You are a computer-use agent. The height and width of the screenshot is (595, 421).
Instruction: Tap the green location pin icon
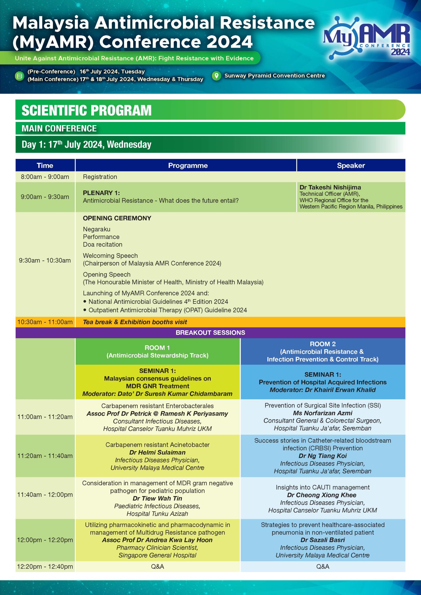click(x=216, y=76)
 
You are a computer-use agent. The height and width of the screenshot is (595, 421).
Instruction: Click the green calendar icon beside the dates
click(x=19, y=76)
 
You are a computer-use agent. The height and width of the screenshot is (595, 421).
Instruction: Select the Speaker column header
click(x=351, y=165)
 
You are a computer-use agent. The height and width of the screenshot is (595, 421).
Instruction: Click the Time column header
click(x=45, y=165)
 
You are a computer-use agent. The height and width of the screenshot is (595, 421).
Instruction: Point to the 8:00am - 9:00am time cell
click(x=45, y=177)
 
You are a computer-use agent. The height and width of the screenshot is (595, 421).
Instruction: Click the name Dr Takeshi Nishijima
click(x=330, y=187)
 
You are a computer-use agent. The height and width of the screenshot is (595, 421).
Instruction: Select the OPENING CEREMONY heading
click(x=117, y=218)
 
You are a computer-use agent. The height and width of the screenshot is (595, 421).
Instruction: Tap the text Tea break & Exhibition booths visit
click(x=135, y=322)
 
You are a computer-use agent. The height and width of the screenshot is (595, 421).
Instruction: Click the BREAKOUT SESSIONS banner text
click(x=210, y=333)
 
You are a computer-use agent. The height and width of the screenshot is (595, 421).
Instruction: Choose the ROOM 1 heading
click(x=157, y=347)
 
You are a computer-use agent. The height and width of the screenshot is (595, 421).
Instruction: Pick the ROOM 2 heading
click(x=322, y=344)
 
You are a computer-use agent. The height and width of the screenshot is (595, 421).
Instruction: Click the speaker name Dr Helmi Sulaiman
click(x=157, y=453)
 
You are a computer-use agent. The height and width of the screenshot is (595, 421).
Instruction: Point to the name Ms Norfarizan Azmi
click(x=322, y=413)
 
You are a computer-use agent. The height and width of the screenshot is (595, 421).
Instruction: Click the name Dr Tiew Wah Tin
click(x=157, y=498)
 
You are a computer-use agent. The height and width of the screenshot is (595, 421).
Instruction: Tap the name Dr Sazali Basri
click(x=322, y=540)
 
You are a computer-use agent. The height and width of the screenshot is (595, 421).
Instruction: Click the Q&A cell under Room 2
click(x=322, y=566)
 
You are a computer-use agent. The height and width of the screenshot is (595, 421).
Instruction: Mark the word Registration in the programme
click(x=100, y=177)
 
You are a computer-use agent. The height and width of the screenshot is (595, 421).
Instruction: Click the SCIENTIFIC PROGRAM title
click(x=86, y=110)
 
